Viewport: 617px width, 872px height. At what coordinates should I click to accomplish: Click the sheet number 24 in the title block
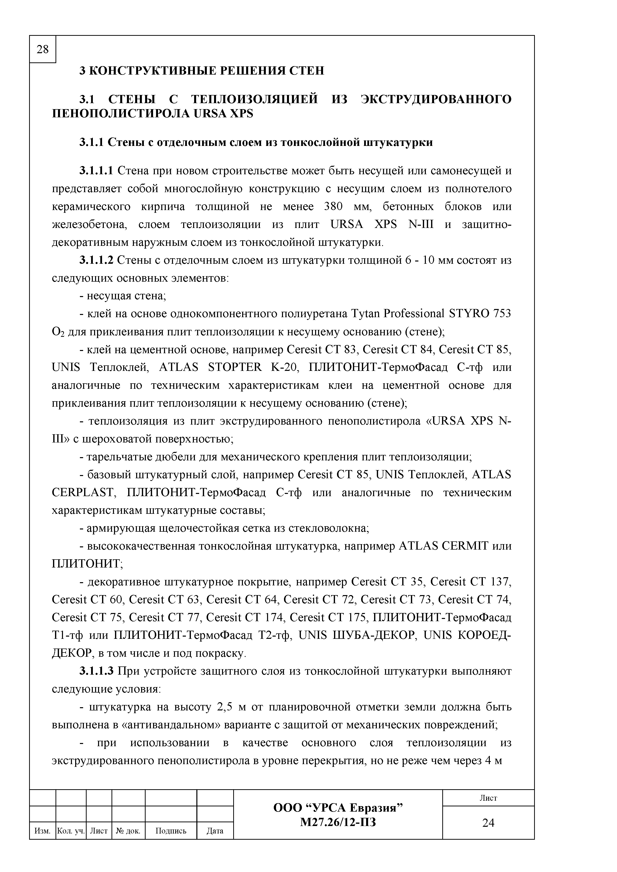point(488,823)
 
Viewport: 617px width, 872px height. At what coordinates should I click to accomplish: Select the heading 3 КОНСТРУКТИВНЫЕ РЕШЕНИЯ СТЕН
point(202,71)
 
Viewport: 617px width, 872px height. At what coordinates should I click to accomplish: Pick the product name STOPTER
point(235,367)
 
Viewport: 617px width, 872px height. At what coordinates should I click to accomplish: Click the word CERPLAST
point(82,493)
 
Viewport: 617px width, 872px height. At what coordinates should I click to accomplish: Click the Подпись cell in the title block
point(171,831)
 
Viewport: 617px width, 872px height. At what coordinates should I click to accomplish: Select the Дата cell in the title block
point(215,831)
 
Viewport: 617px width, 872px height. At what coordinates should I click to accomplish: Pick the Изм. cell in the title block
point(42,831)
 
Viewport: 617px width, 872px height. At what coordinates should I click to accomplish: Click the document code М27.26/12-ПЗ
point(338,822)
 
